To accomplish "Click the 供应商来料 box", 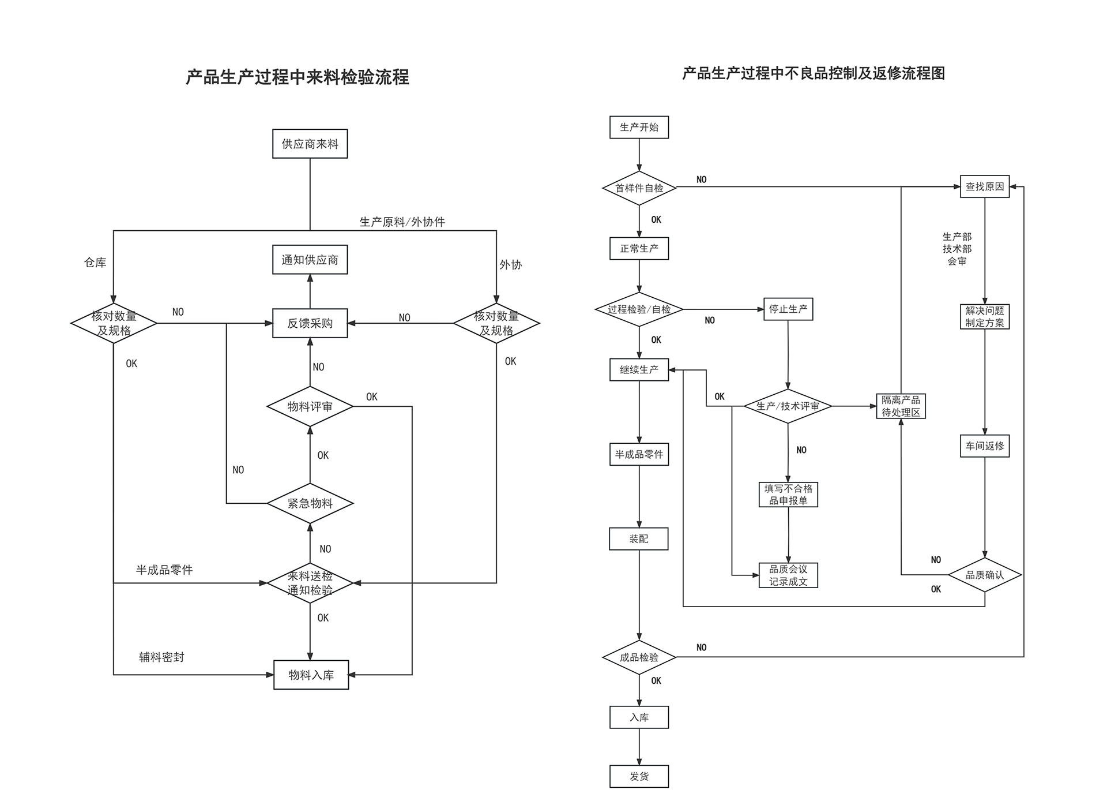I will click(x=310, y=144).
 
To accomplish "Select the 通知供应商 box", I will click(x=310, y=260).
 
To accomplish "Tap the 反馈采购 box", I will click(x=310, y=323).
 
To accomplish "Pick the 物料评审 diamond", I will click(x=310, y=406).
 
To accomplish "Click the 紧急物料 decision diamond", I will click(x=310, y=503).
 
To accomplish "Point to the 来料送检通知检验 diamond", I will click(x=310, y=583).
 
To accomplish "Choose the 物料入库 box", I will click(x=311, y=675).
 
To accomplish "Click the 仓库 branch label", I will click(x=95, y=263).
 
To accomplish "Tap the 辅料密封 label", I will click(x=161, y=657).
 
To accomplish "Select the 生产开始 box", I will click(x=639, y=127).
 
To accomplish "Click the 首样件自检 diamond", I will click(x=639, y=188).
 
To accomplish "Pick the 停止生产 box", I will click(x=788, y=309).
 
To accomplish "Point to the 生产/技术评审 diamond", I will click(x=788, y=406).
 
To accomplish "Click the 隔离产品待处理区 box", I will click(x=901, y=406).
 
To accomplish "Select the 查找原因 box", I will click(x=984, y=186).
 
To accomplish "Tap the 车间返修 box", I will click(x=984, y=446).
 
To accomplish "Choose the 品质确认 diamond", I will click(x=984, y=575).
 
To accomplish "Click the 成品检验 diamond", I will click(x=639, y=657).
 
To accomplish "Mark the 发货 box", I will click(x=639, y=776).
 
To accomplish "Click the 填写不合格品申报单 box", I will click(x=788, y=495).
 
